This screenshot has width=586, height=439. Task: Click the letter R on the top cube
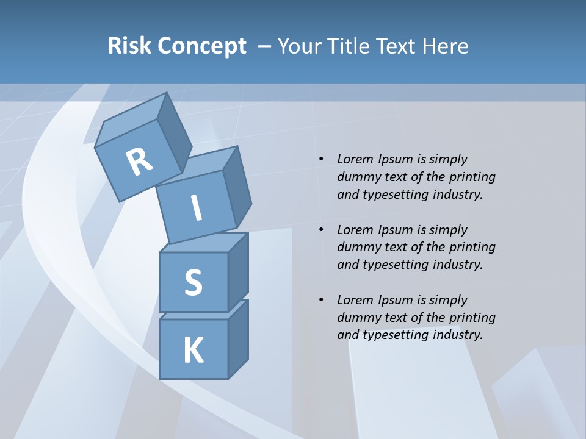[x=139, y=162]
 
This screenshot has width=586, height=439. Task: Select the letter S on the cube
[x=193, y=283]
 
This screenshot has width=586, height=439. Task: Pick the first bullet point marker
[x=321, y=160]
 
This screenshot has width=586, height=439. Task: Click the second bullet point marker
[x=321, y=230]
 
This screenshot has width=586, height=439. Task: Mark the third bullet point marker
[x=321, y=301]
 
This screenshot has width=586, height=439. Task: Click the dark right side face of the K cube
[x=238, y=341]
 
